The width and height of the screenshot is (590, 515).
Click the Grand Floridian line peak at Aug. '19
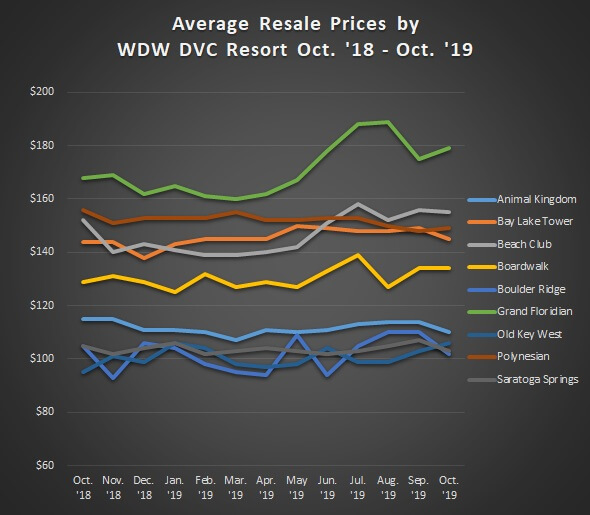click(387, 122)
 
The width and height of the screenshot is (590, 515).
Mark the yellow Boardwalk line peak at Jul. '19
click(358, 255)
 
